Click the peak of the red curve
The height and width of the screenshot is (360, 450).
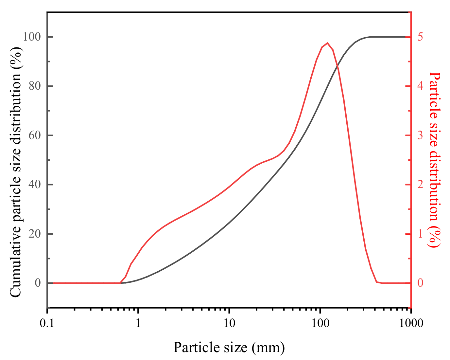click(x=327, y=43)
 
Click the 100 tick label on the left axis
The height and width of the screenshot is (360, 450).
click(x=32, y=37)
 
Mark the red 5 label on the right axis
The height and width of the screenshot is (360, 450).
click(x=420, y=37)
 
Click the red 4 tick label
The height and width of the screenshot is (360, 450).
click(x=420, y=86)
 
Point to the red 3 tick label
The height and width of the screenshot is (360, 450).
click(x=420, y=135)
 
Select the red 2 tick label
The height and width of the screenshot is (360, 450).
click(x=420, y=185)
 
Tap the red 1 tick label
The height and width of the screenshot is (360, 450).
click(x=420, y=234)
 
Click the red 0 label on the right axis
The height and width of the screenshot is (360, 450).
click(x=420, y=283)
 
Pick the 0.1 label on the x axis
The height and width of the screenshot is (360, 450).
click(x=48, y=323)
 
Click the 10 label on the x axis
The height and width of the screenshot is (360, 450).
click(x=229, y=323)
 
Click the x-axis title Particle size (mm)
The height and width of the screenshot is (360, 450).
click(x=229, y=347)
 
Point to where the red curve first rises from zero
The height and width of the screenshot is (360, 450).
click(x=120, y=283)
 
